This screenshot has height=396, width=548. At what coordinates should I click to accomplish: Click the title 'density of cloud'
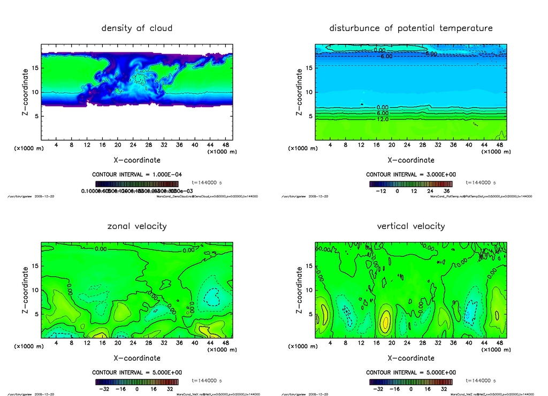137,28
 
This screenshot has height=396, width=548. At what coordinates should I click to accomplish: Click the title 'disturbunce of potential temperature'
411,28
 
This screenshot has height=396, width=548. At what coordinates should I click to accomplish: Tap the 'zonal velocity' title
137,226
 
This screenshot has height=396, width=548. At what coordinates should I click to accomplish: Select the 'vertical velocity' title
411,226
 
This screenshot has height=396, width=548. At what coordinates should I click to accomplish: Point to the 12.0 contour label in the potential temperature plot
383,119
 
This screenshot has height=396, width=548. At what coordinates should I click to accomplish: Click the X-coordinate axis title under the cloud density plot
137,160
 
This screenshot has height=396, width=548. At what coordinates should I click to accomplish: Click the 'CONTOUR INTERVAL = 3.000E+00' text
411,174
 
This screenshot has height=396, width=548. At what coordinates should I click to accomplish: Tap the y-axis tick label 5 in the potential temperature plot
309,116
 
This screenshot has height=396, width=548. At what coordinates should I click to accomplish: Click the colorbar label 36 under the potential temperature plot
446,190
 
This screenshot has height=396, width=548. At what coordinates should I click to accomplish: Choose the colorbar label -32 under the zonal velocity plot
105,389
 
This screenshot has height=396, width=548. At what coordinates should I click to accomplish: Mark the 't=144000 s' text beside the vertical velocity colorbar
479,381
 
